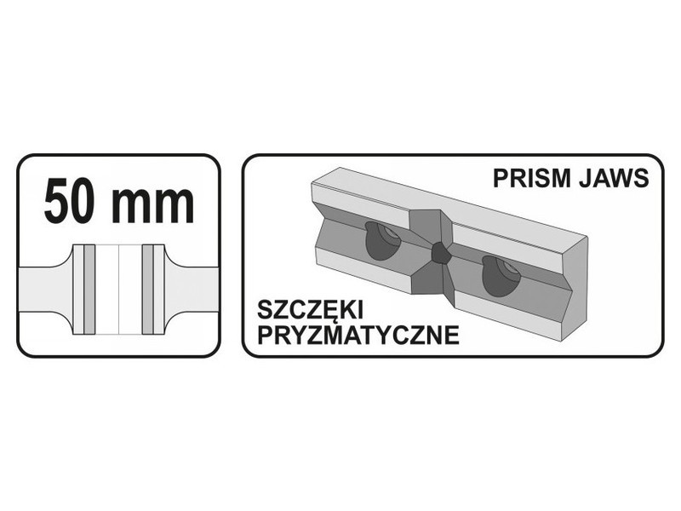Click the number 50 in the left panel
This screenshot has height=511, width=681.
click(x=71, y=201)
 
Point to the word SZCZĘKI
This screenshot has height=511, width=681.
click(x=310, y=311)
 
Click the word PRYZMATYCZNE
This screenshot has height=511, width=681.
click(x=358, y=335)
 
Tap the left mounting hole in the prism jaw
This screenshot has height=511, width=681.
click(x=382, y=241)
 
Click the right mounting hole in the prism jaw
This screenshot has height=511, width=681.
click(x=501, y=276)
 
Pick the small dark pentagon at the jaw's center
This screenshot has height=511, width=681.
click(x=442, y=252)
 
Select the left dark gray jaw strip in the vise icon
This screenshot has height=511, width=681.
click(x=89, y=290)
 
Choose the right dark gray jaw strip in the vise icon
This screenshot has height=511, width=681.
click(x=147, y=290)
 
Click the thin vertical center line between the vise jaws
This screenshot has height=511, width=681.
click(x=118, y=290)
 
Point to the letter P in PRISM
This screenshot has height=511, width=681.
click(x=501, y=178)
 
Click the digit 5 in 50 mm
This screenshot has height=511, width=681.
click(x=57, y=201)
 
